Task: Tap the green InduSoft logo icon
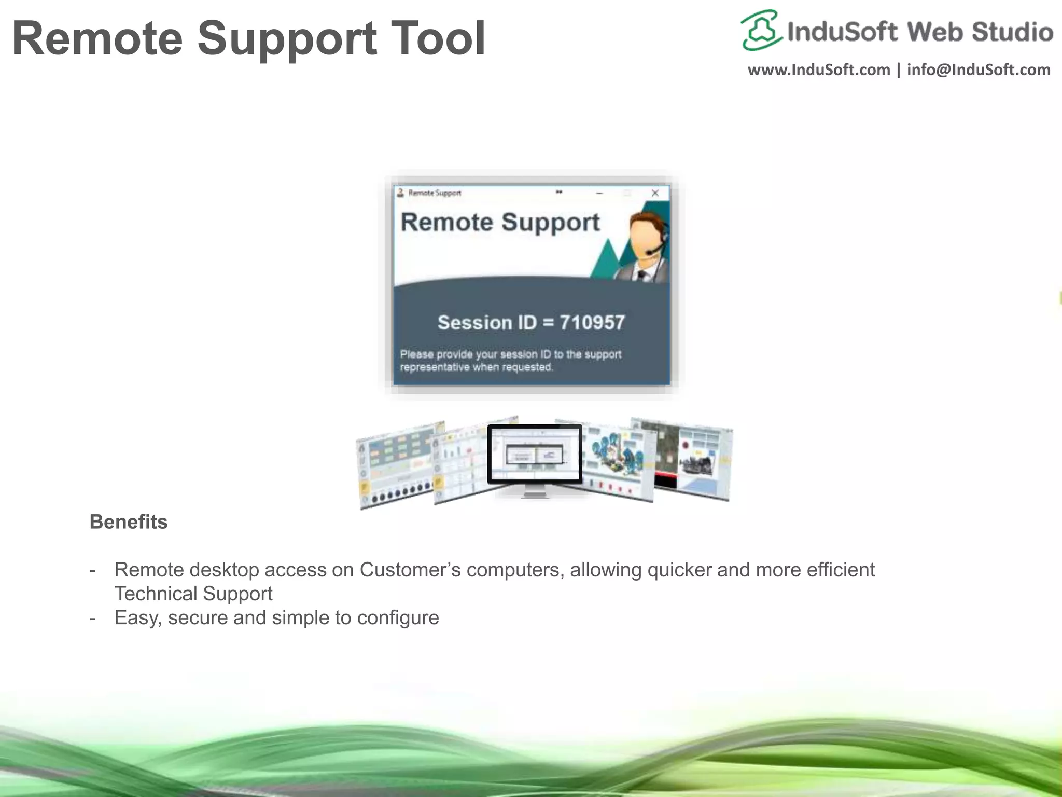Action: click(x=761, y=30)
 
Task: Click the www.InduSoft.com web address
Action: click(x=818, y=70)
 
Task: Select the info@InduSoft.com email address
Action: click(x=979, y=70)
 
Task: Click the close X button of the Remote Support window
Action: click(x=655, y=193)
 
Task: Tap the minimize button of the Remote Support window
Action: click(x=599, y=193)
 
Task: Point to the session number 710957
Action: click(x=592, y=323)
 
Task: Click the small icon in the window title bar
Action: click(x=400, y=193)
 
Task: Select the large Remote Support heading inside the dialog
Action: click(x=500, y=223)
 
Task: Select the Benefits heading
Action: click(x=129, y=522)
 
